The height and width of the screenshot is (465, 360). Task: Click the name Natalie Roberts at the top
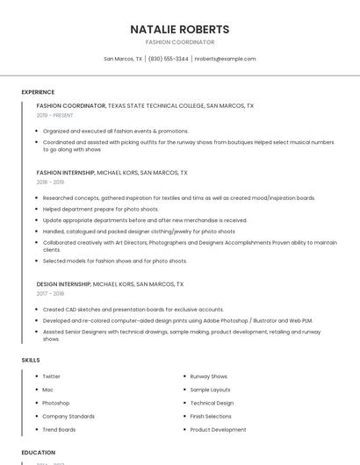180,29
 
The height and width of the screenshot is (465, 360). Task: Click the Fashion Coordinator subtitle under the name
180,42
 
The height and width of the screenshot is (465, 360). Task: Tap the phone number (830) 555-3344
169,59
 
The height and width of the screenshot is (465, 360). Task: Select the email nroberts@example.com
225,59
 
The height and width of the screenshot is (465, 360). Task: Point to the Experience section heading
38,91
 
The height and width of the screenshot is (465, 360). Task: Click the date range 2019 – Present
54,115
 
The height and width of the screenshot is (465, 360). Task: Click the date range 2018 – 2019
51,182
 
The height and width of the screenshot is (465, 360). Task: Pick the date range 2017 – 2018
51,293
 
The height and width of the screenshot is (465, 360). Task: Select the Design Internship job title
63,284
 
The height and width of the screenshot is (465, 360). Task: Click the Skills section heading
31,361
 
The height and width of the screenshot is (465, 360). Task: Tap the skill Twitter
52,376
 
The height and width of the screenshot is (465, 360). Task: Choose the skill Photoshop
56,403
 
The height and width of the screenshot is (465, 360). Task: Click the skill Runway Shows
209,376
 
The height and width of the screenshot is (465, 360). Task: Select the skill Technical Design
212,403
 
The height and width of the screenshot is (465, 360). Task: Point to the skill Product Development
218,430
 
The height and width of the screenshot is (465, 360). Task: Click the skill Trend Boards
59,430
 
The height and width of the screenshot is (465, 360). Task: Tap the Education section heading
38,453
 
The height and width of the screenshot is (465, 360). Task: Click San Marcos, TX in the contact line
123,59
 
